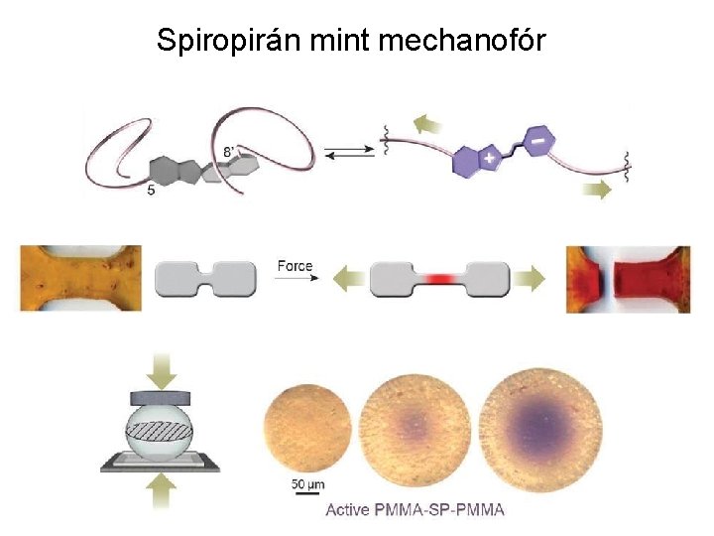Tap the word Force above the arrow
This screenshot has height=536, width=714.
[x=295, y=266]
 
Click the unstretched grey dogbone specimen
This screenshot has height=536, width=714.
[x=206, y=278]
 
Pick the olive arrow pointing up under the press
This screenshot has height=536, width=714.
[x=165, y=491]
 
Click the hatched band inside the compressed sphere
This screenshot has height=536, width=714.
[x=165, y=434]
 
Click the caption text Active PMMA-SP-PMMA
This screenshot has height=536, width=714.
[x=416, y=510]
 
